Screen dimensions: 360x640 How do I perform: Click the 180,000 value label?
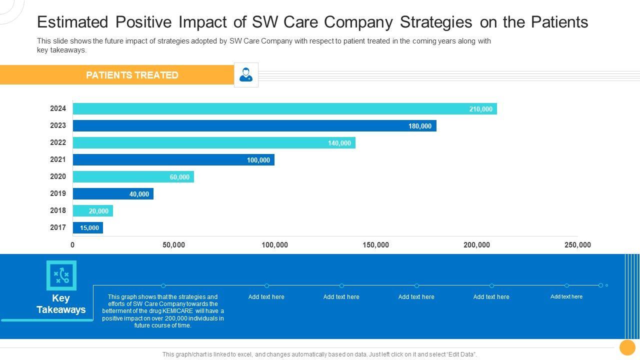click(x=419, y=126)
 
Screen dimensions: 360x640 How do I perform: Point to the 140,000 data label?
click(x=339, y=143)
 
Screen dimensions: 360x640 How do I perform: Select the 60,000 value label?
click(x=179, y=177)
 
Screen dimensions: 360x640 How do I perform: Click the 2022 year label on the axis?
click(x=58, y=142)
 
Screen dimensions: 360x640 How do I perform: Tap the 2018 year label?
click(x=58, y=210)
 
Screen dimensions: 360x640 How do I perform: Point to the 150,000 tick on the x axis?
click(x=375, y=245)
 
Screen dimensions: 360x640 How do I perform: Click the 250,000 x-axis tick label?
click(x=577, y=245)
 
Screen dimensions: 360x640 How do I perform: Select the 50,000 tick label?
click(x=173, y=245)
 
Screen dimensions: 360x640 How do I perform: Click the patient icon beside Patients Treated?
click(x=246, y=75)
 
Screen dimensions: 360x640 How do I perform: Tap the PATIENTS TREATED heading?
click(x=132, y=75)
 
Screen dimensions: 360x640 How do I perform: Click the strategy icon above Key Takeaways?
click(x=61, y=275)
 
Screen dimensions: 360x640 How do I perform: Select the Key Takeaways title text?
click(x=61, y=304)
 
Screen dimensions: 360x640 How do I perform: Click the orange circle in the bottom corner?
click(x=627, y=347)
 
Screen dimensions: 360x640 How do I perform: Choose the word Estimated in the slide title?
click(x=72, y=22)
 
